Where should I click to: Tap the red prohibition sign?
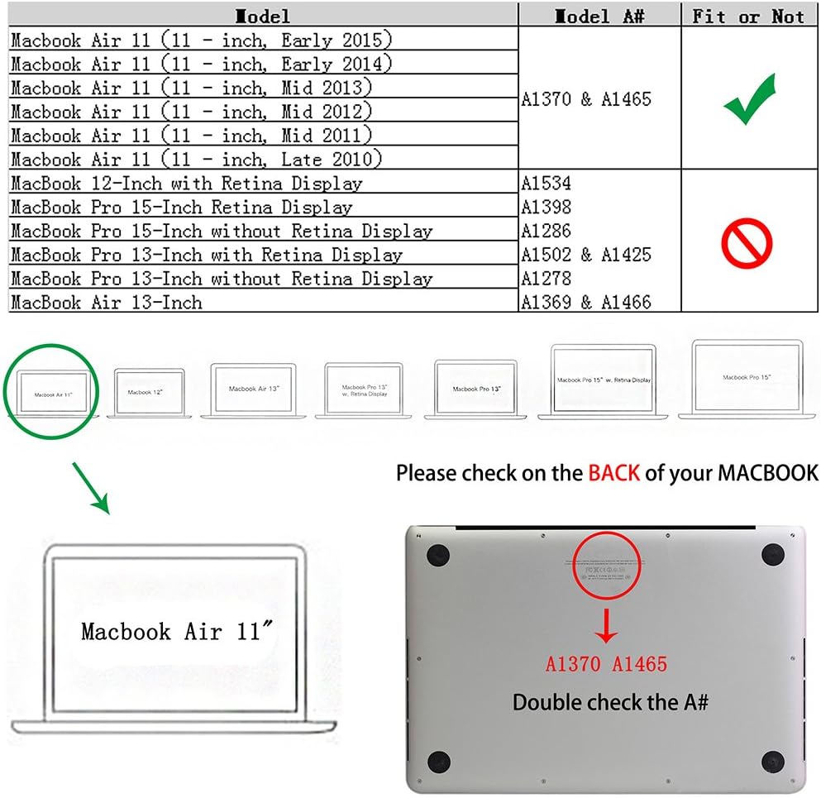pyautogui.click(x=747, y=242)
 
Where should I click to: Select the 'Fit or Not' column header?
pyautogui.click(x=748, y=16)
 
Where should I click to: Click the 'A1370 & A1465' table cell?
pyautogui.click(x=586, y=99)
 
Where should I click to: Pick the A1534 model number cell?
pyautogui.click(x=546, y=183)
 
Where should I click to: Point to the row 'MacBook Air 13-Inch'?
pyautogui.click(x=107, y=303)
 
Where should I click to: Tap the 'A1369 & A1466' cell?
pyautogui.click(x=585, y=303)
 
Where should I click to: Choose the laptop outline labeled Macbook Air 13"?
pyautogui.click(x=254, y=389)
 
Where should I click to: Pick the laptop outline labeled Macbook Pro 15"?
pyautogui.click(x=747, y=378)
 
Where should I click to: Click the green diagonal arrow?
pyautogui.click(x=91, y=487)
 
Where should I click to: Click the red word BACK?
pyautogui.click(x=613, y=473)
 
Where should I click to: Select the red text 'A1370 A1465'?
pyautogui.click(x=606, y=664)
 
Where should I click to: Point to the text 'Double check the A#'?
pyautogui.click(x=610, y=703)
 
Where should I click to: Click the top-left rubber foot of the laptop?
pyautogui.click(x=437, y=556)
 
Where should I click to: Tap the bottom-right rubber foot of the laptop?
pyautogui.click(x=773, y=762)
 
